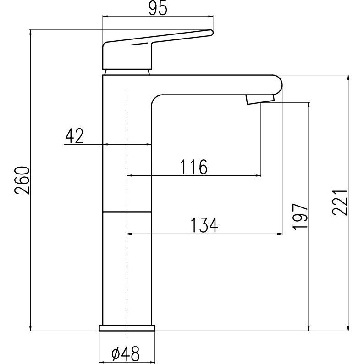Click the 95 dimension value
click(x=158, y=9)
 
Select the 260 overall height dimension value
click(x=22, y=180)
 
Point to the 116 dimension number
click(x=194, y=167)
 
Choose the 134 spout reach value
click(x=204, y=225)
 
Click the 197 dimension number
click(x=300, y=217)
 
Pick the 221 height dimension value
click(x=340, y=203)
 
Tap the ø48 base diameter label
click(x=126, y=354)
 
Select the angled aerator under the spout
click(x=260, y=99)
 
